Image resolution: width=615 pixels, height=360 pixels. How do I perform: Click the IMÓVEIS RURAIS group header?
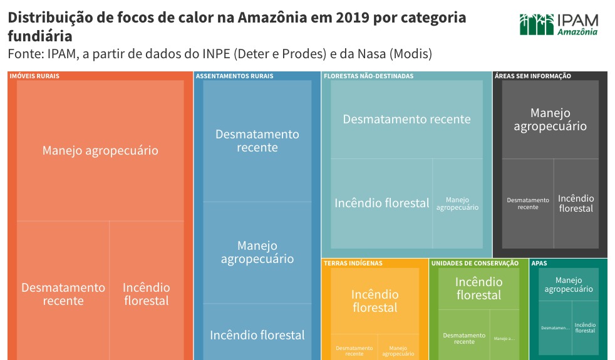tap(34, 76)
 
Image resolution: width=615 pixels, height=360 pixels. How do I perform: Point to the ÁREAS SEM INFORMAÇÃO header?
tap(532, 76)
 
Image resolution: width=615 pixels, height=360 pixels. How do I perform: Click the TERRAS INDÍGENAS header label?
tap(353, 264)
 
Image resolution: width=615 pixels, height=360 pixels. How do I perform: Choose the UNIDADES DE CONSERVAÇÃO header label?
tap(475, 264)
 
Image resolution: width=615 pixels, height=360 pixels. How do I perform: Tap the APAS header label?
tap(539, 264)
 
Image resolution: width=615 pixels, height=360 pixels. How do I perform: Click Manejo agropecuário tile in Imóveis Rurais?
tap(100, 150)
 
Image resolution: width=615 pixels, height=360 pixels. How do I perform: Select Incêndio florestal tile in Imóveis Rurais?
tap(146, 294)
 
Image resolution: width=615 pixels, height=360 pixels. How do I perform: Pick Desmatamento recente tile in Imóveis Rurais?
tap(63, 294)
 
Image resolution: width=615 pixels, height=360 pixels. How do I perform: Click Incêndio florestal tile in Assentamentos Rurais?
tap(257, 335)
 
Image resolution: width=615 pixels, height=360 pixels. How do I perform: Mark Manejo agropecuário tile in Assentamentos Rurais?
tap(257, 252)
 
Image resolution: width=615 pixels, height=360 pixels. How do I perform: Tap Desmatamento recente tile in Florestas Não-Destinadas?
tap(406, 119)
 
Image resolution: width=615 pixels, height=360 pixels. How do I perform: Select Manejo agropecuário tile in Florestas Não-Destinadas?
tap(457, 203)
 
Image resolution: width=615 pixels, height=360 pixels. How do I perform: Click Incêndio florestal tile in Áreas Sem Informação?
tap(576, 203)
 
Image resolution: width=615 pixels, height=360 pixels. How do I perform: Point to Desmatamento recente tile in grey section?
tap(528, 203)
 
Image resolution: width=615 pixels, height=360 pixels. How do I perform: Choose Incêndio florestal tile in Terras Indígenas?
tap(375, 301)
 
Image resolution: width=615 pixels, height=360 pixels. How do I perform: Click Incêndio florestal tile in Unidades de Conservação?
tap(478, 289)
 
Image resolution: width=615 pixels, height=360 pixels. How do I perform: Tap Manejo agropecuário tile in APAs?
tap(568, 285)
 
